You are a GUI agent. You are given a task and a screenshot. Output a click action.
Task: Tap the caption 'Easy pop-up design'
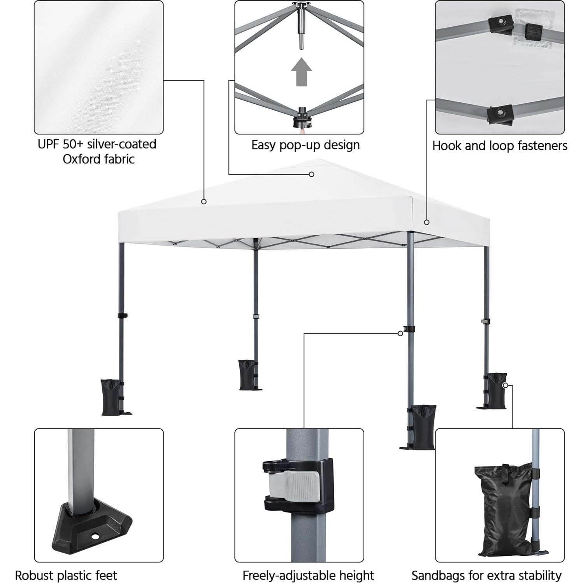[x=305, y=145]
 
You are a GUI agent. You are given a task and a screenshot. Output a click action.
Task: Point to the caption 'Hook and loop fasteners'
[x=499, y=146]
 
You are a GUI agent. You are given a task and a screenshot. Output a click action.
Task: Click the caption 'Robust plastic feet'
[x=66, y=575]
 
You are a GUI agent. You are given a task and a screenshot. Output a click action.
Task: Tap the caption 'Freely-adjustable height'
[x=308, y=575]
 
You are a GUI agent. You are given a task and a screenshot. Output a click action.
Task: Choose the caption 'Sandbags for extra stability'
[x=486, y=575]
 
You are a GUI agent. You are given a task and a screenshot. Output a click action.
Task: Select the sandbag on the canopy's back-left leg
[x=248, y=374]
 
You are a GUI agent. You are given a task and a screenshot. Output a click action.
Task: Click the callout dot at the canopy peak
[x=311, y=174]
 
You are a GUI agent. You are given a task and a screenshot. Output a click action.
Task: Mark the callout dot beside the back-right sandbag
[x=505, y=385]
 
